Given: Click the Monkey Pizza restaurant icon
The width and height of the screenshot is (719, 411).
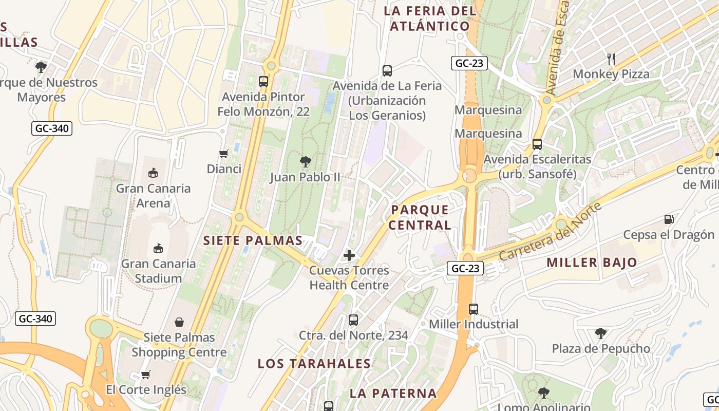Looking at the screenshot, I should point(611,59).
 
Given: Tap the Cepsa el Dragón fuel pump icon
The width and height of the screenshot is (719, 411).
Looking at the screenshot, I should point(669,219).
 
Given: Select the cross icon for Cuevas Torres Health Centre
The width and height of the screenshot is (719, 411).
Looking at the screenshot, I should point(349,255).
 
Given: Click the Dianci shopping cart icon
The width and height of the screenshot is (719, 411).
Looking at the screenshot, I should point(224,154).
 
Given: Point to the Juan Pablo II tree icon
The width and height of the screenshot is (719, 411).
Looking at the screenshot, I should point(306,162).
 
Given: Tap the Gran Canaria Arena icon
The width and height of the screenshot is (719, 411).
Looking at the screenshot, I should point(153,173).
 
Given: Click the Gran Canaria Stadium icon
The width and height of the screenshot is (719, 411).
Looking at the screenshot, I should point(158,249).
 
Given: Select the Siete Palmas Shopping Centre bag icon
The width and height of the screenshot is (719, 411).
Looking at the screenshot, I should point(179,322).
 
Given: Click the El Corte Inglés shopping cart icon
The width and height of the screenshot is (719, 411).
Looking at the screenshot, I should point(146,375).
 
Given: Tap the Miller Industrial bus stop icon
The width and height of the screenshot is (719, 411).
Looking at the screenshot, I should point(474,309).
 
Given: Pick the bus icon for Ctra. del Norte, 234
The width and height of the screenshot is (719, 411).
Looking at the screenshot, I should point(353,320).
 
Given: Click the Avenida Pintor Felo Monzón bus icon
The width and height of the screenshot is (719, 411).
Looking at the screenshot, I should point(263,81).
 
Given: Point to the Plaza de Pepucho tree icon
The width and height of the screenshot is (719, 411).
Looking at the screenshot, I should point(600,333).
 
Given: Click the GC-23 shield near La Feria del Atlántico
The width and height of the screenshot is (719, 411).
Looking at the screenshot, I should point(469,63).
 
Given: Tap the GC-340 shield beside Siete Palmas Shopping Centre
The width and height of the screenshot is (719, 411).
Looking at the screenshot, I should point(35,319).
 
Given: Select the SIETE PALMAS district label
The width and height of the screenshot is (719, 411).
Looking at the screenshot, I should point(253,240).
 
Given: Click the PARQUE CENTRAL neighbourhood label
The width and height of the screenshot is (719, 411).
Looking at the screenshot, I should point(420,217).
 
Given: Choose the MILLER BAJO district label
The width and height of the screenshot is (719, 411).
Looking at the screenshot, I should point(592,263).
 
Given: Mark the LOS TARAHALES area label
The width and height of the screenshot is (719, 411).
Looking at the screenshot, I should point(314,364).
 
